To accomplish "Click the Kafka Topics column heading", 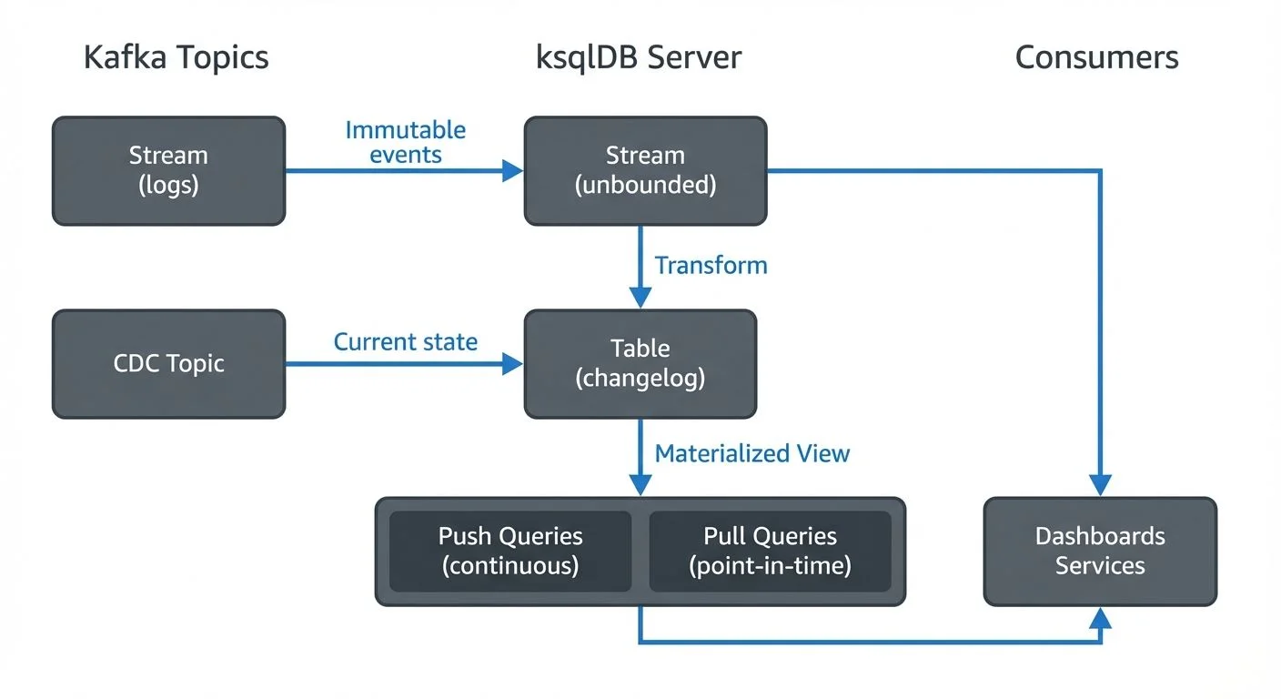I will click(x=176, y=57).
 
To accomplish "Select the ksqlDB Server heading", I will click(x=639, y=57).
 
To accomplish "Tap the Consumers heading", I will click(x=1096, y=57).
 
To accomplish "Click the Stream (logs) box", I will click(x=168, y=170).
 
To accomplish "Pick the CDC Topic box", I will click(x=168, y=363).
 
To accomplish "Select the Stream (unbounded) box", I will click(x=645, y=170).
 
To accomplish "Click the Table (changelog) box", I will click(x=640, y=363).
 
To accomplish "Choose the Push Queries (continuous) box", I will click(x=510, y=551).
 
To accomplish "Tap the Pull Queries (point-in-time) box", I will click(x=770, y=551).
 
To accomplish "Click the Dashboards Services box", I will click(x=1100, y=551).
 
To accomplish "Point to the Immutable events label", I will click(x=406, y=142).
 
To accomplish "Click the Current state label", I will click(x=406, y=342).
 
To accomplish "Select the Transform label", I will click(x=711, y=265).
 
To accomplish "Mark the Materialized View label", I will click(x=751, y=453).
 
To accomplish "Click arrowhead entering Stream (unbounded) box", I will click(x=514, y=170).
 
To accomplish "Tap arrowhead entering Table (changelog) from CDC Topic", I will click(x=514, y=363).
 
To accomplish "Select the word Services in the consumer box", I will click(x=1100, y=566).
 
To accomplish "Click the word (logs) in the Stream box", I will click(x=168, y=186).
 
